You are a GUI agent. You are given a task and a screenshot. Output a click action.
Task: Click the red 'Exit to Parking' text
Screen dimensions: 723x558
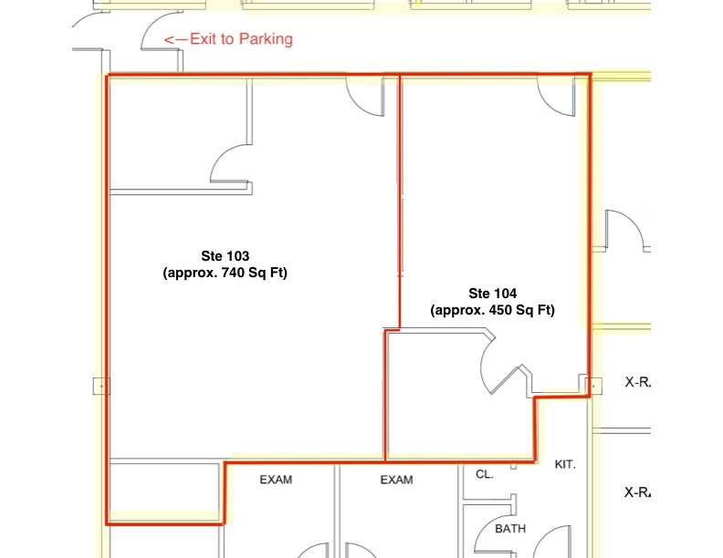241,39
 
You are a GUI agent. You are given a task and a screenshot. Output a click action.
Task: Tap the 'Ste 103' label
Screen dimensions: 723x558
225,256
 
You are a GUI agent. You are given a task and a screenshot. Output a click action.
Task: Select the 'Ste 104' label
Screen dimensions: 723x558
492,294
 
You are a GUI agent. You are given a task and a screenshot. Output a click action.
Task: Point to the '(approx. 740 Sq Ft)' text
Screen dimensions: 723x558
225,273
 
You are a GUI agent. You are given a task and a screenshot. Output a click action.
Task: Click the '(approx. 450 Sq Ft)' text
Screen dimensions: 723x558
492,310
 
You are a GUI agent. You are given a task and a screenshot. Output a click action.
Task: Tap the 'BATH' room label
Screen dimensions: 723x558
510,529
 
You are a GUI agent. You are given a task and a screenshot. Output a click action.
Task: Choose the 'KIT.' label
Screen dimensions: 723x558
565,464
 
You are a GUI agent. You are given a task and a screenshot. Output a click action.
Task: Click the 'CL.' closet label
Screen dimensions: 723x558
485,474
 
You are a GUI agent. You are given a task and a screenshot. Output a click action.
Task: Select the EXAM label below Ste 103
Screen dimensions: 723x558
276,480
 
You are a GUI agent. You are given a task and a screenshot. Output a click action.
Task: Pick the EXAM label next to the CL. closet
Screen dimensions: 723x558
396,480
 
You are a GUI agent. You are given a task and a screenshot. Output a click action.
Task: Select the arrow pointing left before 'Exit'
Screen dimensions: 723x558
175,40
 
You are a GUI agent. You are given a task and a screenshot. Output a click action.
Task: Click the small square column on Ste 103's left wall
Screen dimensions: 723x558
101,386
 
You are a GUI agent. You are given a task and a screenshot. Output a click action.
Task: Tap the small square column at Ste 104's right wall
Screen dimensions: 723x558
593,386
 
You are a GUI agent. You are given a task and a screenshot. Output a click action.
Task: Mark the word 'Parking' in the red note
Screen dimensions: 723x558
266,39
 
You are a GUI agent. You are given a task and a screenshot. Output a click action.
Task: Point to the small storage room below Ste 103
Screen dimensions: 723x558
164,491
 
